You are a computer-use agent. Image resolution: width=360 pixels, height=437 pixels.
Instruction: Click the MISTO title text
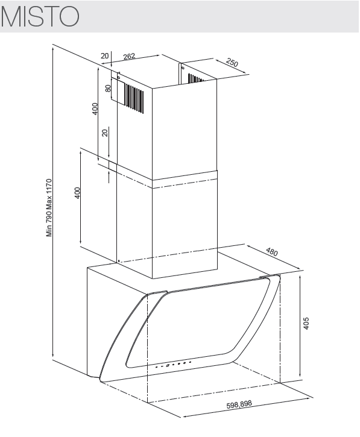[x=40, y=16]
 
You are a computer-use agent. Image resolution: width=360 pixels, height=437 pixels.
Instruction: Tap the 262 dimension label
[x=129, y=56]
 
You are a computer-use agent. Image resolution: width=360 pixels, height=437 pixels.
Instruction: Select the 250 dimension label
[x=232, y=63]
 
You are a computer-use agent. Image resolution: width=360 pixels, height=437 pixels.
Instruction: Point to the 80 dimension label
[x=108, y=88]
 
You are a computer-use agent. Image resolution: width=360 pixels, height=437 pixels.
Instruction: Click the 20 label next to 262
[x=104, y=56]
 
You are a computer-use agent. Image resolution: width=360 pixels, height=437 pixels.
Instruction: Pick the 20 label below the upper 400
[x=104, y=133]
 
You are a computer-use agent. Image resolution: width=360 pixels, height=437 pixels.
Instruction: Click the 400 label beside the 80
[x=95, y=108]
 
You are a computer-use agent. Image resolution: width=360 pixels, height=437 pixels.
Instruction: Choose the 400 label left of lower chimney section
[x=77, y=193]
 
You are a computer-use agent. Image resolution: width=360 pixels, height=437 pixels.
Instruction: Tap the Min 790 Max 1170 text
[x=49, y=207]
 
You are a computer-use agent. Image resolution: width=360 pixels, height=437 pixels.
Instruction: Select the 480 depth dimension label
[x=271, y=252]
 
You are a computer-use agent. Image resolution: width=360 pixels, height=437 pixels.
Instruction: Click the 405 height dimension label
[x=306, y=323]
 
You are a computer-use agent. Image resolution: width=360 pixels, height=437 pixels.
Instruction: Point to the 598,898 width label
[x=239, y=404]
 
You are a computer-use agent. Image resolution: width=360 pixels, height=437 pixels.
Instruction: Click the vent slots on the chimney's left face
[x=134, y=98]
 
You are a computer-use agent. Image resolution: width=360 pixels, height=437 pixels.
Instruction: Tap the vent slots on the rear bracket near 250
[x=196, y=78]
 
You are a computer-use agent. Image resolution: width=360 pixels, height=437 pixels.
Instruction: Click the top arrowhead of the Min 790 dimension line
[x=52, y=49]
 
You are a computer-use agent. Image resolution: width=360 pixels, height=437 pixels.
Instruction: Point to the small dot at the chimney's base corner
[x=119, y=262]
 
